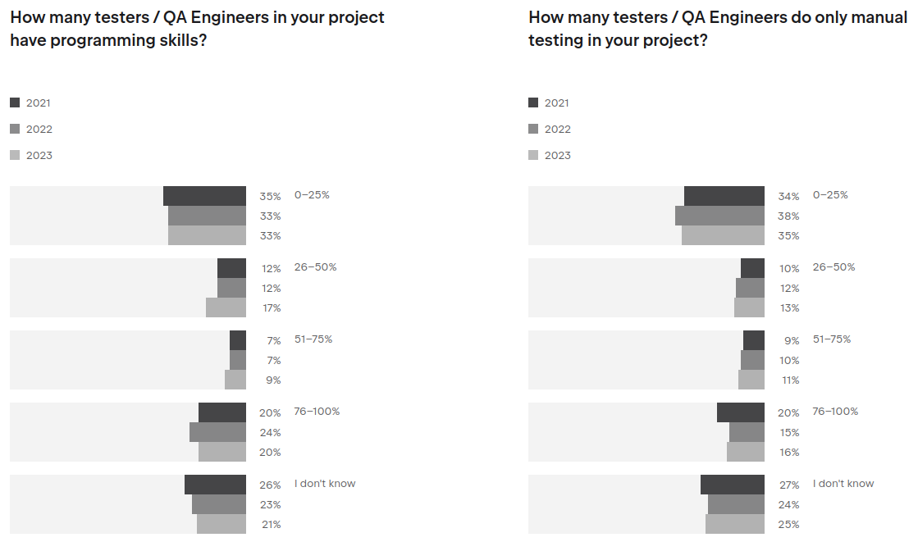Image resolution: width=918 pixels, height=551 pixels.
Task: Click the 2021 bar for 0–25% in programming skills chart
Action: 204,196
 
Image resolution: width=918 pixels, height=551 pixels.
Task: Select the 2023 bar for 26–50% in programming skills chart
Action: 226,307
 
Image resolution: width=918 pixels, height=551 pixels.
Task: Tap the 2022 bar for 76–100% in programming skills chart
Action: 217,432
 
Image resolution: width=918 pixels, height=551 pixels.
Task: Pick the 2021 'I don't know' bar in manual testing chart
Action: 732,485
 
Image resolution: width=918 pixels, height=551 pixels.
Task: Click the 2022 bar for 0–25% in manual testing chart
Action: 719,216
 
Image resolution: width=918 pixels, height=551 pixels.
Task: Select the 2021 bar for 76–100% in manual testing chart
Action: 740,412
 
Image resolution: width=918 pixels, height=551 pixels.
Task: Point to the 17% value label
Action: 271,308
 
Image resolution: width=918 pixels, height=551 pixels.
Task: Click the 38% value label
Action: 788,216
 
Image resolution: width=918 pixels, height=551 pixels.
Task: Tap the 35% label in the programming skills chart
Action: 270,197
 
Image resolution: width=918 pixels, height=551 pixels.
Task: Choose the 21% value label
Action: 271,525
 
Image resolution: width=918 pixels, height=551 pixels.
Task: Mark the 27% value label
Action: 788,485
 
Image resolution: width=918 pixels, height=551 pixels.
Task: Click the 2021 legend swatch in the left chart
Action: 15,102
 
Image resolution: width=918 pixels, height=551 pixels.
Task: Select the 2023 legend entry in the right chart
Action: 556,156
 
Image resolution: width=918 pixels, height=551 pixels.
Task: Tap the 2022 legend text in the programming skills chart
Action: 39,130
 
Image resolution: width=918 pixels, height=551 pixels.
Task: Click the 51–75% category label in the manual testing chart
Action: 831,339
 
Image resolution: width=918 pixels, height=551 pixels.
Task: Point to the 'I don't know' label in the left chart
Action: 325,484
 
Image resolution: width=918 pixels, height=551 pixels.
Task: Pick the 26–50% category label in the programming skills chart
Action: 315,267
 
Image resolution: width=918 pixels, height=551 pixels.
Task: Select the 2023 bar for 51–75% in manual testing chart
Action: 751,380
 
